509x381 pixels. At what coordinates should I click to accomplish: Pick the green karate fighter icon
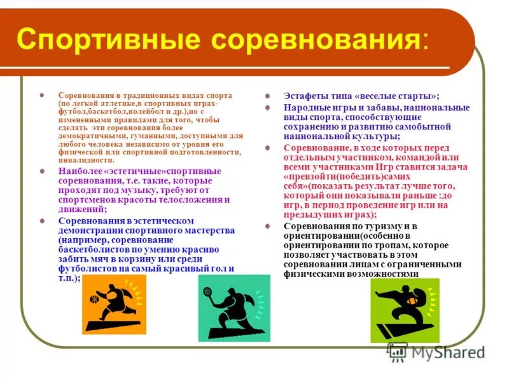coord(405,311)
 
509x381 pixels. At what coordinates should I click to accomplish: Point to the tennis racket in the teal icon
coord(207,292)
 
